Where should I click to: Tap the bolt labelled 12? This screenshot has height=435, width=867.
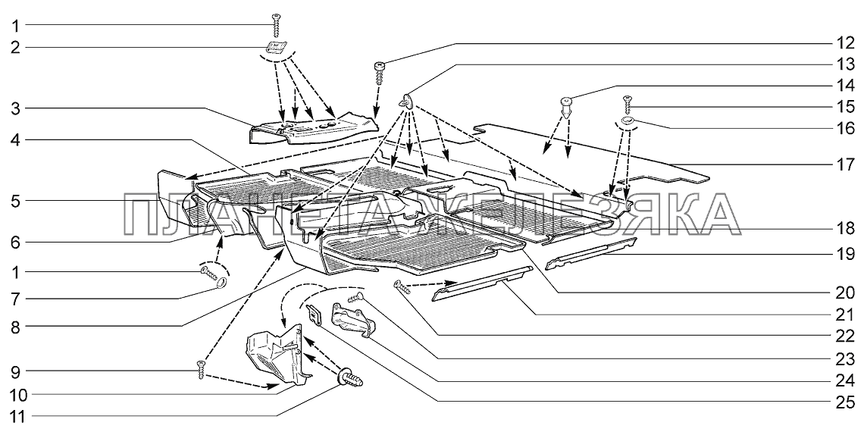click(x=380, y=72)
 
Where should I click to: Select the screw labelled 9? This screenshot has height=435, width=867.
click(x=202, y=371)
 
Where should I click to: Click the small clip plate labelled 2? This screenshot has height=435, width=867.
click(x=277, y=48)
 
